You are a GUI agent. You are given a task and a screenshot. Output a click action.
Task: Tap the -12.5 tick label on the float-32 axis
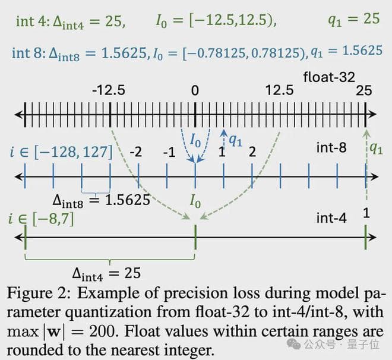pos(109,90)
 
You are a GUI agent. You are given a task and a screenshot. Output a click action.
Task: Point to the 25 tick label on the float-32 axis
pos(363,90)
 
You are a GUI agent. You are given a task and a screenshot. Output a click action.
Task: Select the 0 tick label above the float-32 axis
pos(195,90)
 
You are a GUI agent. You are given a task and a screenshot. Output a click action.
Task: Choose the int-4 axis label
pos(331,218)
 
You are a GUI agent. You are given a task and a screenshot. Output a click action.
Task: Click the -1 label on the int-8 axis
pos(169,151)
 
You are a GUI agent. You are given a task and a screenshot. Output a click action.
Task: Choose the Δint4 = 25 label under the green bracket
pos(106,273)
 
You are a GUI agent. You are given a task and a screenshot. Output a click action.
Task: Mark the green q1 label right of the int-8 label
pos(376,148)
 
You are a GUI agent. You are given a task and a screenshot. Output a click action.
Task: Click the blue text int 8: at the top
pos(29,51)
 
